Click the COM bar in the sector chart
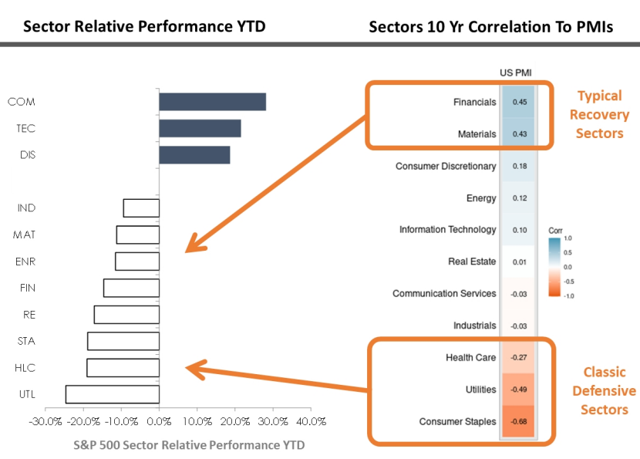point(212,102)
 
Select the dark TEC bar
point(200,128)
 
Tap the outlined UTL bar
point(113,394)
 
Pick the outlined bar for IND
point(141,208)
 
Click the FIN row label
point(27,288)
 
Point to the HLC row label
point(26,368)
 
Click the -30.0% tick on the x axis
point(45,422)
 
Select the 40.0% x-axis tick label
point(311,422)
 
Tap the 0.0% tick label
point(159,422)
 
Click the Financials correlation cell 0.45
point(518,102)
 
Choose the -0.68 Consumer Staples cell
point(518,422)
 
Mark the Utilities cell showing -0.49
point(518,390)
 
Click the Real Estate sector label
point(472,262)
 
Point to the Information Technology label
point(447,230)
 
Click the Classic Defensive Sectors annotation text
point(605,390)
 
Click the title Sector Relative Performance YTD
point(144,27)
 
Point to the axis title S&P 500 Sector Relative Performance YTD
point(189,445)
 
